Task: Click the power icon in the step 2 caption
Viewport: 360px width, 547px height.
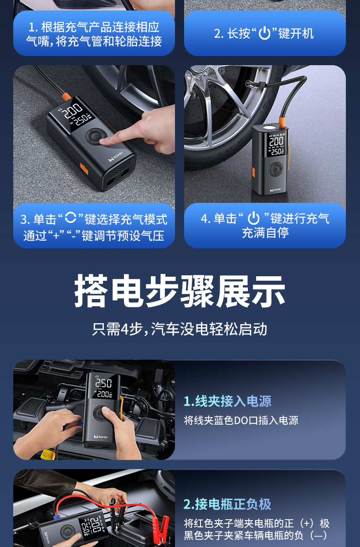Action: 264,33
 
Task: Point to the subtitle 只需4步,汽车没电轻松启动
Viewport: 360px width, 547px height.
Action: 180,329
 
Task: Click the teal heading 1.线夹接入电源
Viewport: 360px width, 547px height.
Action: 227,401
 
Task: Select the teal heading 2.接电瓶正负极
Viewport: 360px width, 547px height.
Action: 227,504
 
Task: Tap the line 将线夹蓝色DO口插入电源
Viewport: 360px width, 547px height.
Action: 241,420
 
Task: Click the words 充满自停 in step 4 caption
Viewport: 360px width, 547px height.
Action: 265,233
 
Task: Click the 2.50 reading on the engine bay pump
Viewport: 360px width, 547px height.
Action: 103,382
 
